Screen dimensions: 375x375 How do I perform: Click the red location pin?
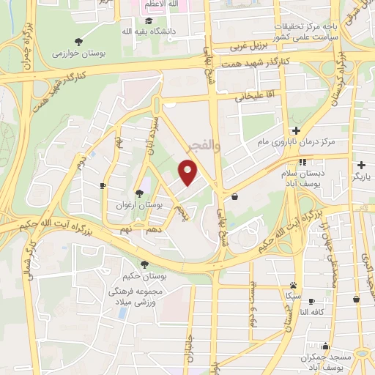coord(188,172)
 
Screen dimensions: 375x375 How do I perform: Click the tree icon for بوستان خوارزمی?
coord(79,41)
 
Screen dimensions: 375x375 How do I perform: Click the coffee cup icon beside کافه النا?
coord(311,301)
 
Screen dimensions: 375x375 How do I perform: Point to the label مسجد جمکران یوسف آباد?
coord(324,355)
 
